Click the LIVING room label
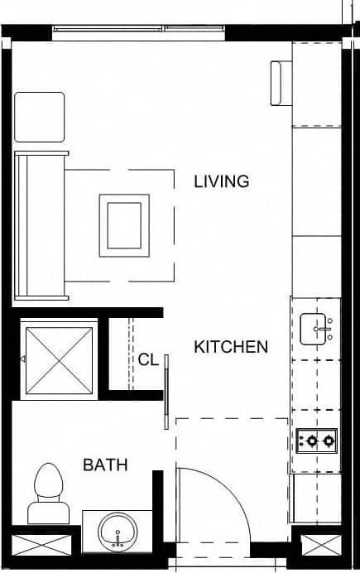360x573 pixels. [x=221, y=181]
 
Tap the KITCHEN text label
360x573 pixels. [x=231, y=347]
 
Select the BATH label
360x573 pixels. [x=105, y=465]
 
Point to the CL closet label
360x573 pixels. [x=148, y=359]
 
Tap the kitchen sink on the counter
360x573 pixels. [x=315, y=328]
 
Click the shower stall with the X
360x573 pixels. [x=60, y=359]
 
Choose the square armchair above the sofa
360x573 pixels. [x=40, y=118]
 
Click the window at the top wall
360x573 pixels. [x=138, y=31]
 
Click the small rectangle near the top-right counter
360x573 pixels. [x=279, y=84]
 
